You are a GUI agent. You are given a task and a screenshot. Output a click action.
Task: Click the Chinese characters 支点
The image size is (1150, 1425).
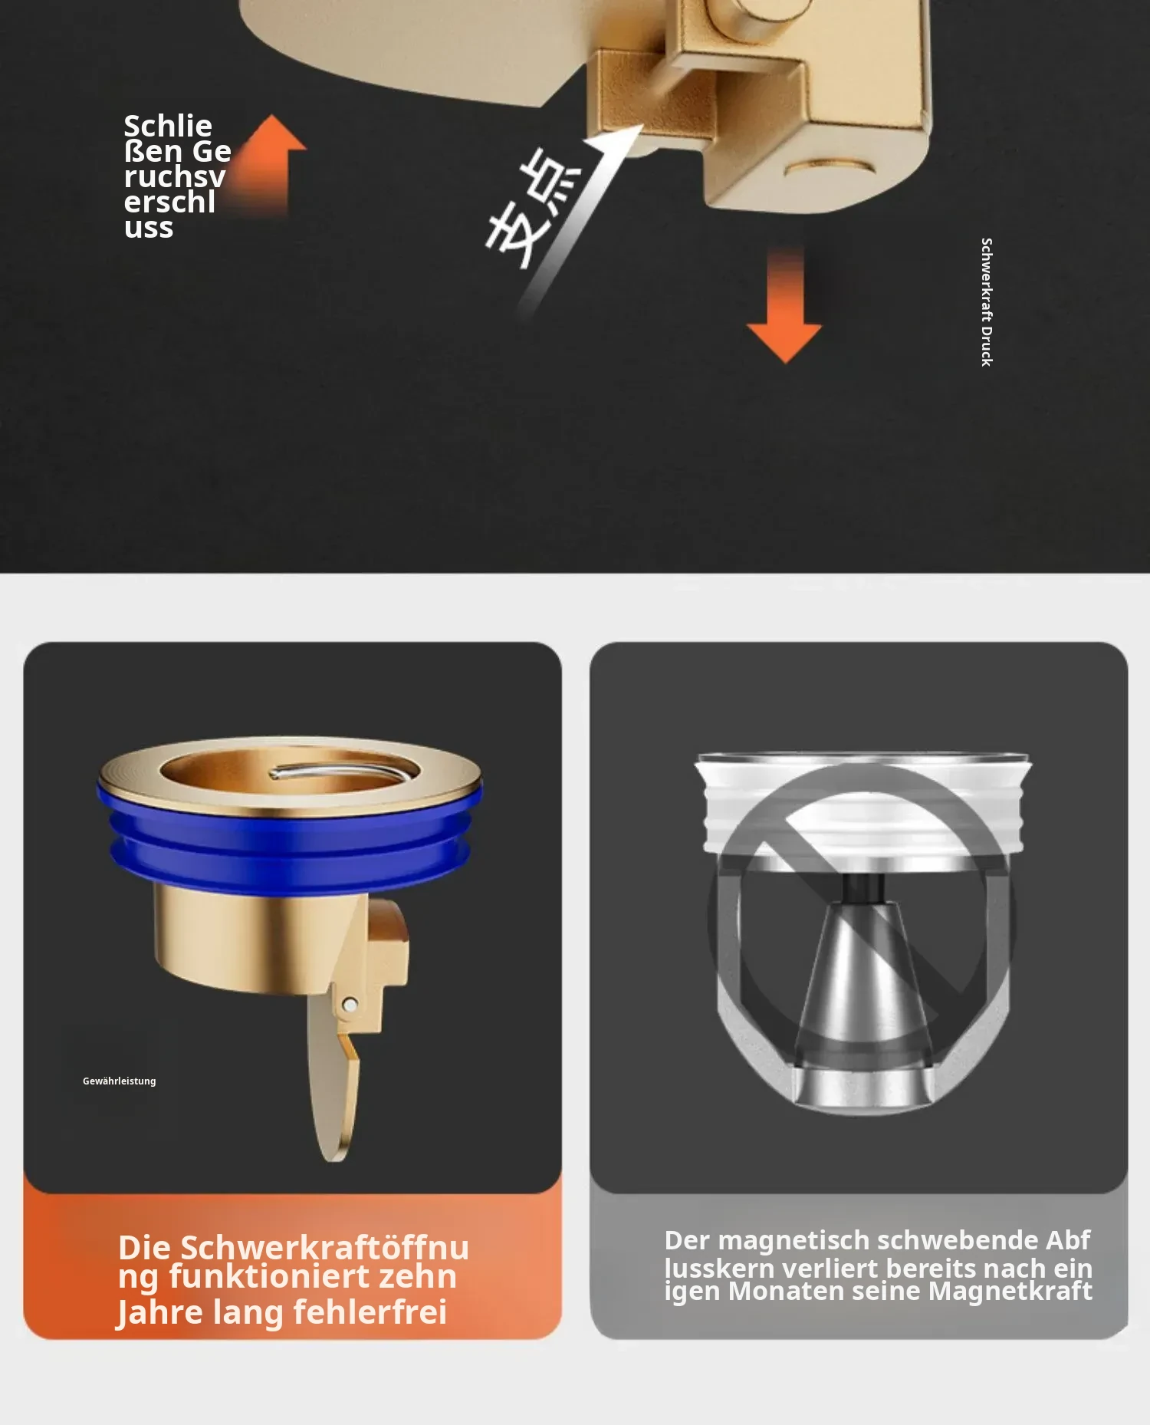click(x=534, y=208)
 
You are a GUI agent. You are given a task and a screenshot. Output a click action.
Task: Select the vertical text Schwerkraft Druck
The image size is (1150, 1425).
click(x=987, y=301)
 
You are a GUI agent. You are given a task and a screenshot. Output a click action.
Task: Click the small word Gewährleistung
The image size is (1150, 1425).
click(x=120, y=1081)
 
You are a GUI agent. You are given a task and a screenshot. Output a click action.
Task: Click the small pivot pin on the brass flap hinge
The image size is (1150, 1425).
click(x=350, y=1004)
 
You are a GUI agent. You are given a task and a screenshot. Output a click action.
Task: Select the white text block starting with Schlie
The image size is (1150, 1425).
click(x=177, y=176)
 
